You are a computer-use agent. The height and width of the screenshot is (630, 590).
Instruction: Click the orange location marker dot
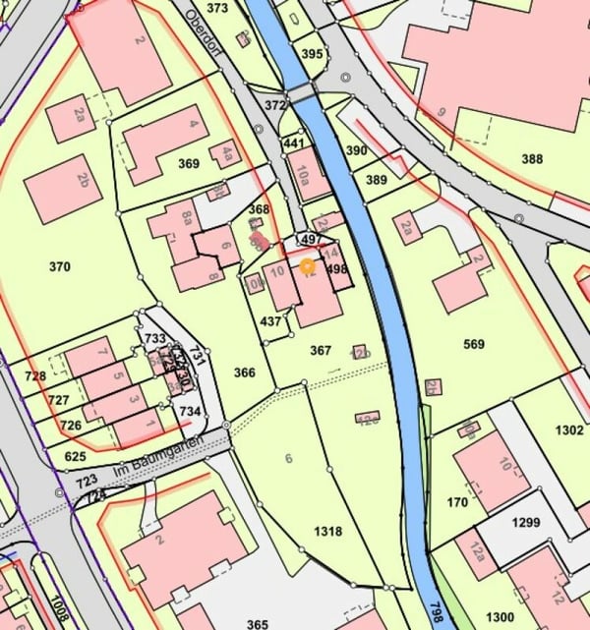click(x=307, y=265)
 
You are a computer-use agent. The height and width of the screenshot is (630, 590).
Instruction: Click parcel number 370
click(x=60, y=265)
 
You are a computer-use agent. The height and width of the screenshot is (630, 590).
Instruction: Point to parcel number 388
click(x=532, y=159)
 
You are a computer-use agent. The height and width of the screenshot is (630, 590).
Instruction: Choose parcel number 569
click(x=474, y=343)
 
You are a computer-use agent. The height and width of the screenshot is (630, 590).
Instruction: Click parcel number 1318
click(x=327, y=531)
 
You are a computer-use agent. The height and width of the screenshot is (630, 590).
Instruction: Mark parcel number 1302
click(x=568, y=430)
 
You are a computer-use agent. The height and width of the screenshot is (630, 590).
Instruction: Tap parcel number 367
click(x=322, y=349)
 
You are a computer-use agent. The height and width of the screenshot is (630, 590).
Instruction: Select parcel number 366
click(x=245, y=372)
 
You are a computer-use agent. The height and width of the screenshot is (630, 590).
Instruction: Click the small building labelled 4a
click(x=226, y=153)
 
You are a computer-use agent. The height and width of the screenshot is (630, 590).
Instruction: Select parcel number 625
click(x=76, y=456)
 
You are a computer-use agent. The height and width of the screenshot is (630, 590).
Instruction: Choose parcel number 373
click(x=217, y=8)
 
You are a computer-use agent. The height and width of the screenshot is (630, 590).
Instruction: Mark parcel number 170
click(x=457, y=502)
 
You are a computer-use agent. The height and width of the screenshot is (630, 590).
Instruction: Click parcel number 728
click(x=36, y=376)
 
